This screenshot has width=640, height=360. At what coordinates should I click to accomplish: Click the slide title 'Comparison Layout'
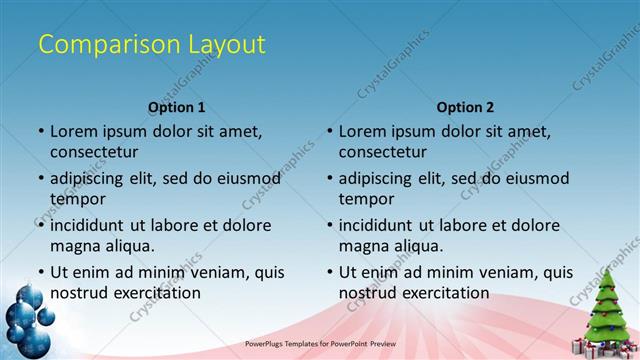[x=151, y=44]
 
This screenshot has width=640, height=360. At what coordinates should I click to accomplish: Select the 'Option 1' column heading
[x=177, y=107]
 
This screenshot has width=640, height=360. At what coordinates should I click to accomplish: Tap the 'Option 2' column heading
[x=465, y=107]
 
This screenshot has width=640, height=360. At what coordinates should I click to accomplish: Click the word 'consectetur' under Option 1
[x=94, y=152]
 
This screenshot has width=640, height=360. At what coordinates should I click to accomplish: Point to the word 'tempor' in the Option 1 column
[x=76, y=199]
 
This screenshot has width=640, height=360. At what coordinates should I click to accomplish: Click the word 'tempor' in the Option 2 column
[x=364, y=199]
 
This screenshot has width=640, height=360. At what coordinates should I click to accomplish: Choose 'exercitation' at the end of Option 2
[x=445, y=293]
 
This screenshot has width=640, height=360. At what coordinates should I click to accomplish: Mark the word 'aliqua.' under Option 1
[x=126, y=246]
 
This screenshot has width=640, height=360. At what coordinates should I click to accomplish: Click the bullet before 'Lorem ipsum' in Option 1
[x=41, y=131]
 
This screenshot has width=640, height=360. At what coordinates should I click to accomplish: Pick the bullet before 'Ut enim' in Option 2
[x=329, y=272]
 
